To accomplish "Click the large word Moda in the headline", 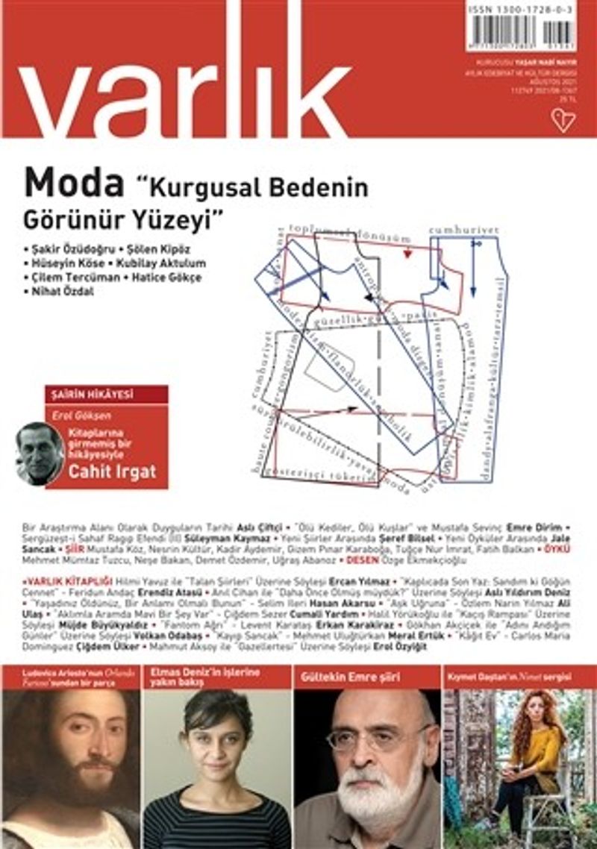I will point(74,182).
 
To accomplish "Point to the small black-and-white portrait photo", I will point(39,452).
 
